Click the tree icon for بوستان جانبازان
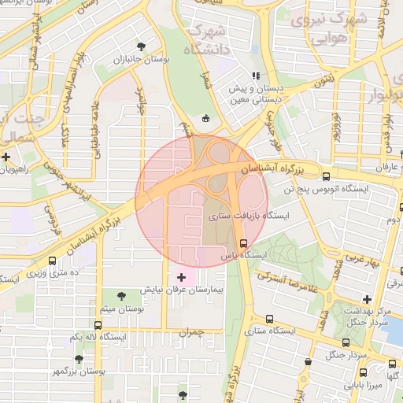[x=141, y=46]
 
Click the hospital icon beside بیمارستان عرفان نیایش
[x=183, y=277]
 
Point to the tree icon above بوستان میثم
[x=121, y=296]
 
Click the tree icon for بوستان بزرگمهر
[x=78, y=358]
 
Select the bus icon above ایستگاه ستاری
[x=270, y=319]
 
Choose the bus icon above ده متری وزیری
[x=53, y=261]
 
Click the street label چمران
[x=191, y=332]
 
